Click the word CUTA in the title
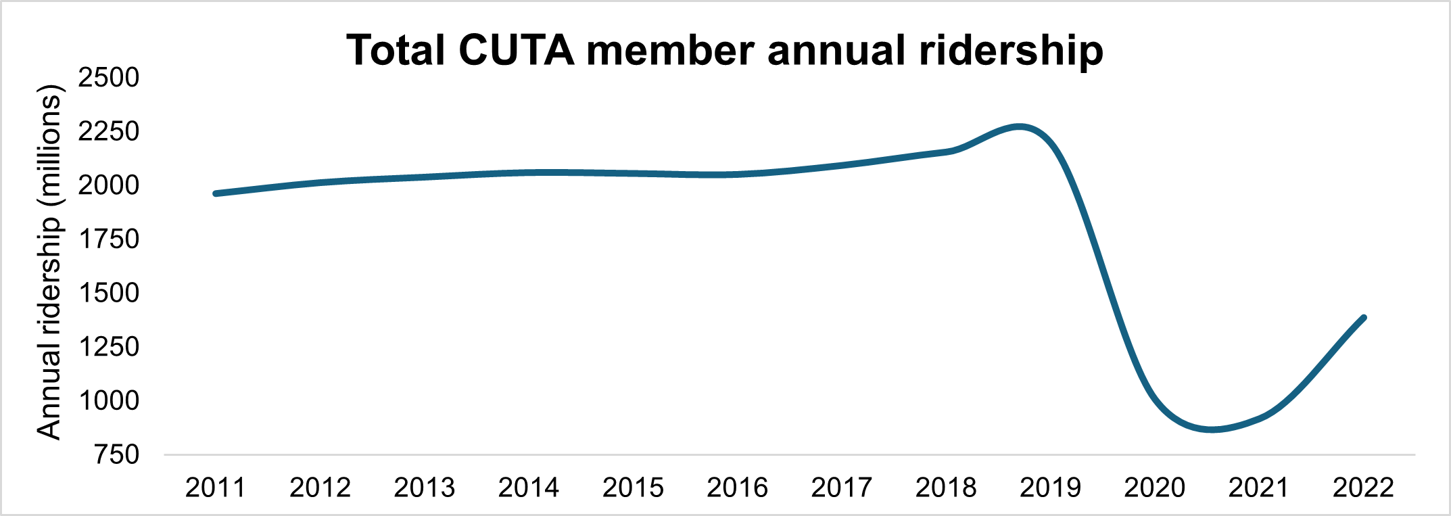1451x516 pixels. click(516, 51)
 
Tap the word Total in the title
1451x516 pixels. click(396, 51)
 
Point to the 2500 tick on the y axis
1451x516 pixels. click(108, 78)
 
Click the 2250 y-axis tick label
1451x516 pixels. click(108, 131)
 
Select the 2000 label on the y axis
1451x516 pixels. click(108, 185)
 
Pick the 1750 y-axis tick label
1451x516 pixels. click(108, 239)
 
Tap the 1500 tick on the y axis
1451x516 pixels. click(108, 293)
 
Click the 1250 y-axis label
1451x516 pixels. click(108, 347)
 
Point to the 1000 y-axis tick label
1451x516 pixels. click(108, 401)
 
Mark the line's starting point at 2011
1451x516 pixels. click(216, 193)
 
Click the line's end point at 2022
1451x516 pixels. click(1364, 318)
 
